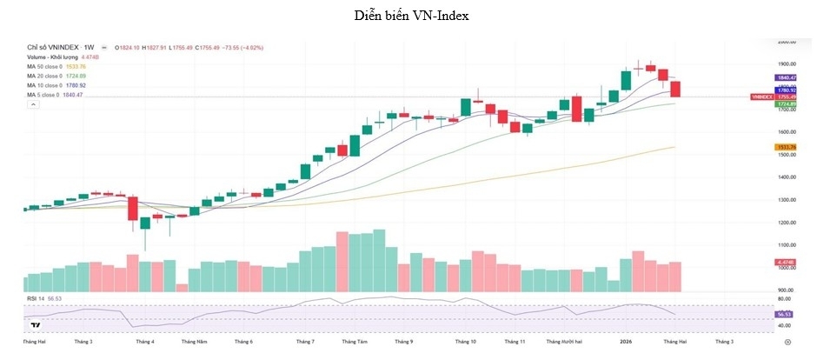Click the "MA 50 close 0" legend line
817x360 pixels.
[x=56, y=66]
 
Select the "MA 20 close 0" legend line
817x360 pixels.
[x=56, y=76]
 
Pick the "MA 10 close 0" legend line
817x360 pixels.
[x=56, y=85]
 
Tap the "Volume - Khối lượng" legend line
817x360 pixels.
[x=63, y=57]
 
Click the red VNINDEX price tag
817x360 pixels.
[x=762, y=97]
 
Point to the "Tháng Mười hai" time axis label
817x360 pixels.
[x=565, y=343]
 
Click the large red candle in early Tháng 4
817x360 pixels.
[x=132, y=209]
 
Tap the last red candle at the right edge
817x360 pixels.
[x=676, y=89]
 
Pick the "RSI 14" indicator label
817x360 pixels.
[x=39, y=297]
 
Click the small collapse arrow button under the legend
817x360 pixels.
[x=34, y=104]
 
